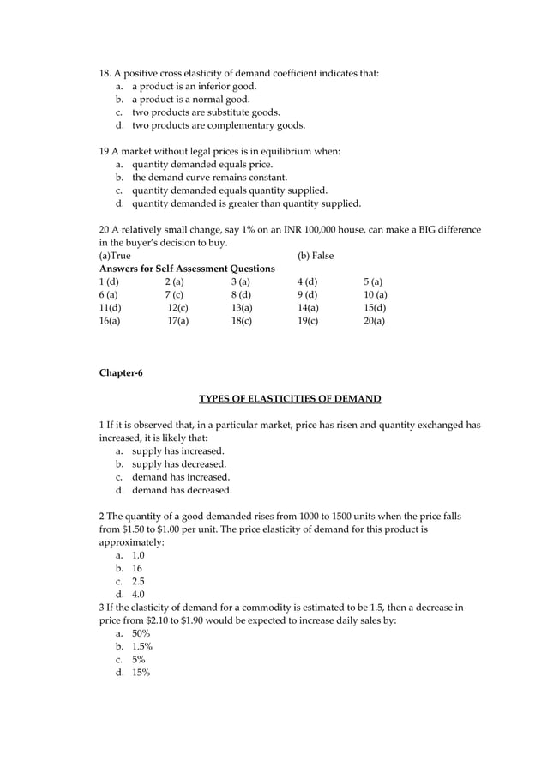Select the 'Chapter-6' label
pos(120,372)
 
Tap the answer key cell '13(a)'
pos(242,307)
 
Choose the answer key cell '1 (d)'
pos(108,281)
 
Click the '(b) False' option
pos(315,256)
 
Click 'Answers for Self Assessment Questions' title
pos(187,269)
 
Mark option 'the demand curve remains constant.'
pos(209,178)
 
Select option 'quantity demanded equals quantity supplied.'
pos(229,190)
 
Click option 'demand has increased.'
pos(181,477)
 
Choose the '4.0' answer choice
pos(138,594)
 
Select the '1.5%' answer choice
pos(142,646)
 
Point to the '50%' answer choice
pos(141,633)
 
